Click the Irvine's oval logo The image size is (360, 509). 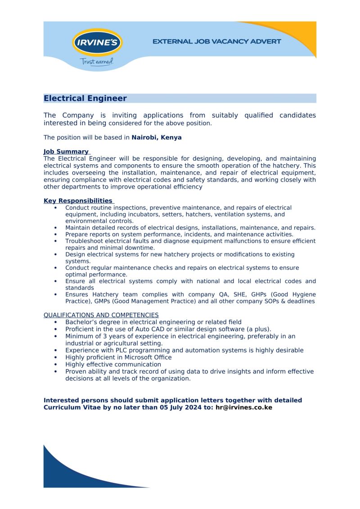pyautogui.click(x=97, y=43)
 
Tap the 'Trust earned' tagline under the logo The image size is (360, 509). pyautogui.click(x=96, y=61)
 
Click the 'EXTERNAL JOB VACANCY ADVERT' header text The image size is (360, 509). pyautogui.click(x=216, y=41)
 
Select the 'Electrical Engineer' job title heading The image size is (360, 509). pyautogui.click(x=85, y=99)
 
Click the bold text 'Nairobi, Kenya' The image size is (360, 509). pyautogui.click(x=157, y=137)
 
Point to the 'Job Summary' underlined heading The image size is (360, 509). pyautogui.click(x=66, y=152)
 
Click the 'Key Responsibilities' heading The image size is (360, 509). pyautogui.click(x=78, y=201)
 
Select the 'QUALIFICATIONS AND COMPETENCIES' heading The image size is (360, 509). pyautogui.click(x=101, y=315)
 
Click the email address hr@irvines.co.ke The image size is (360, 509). pyautogui.click(x=244, y=407)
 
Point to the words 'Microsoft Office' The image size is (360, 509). pyautogui.click(x=146, y=357)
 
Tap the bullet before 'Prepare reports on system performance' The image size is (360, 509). pyautogui.click(x=55, y=234)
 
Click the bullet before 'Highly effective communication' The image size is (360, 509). pyautogui.click(x=55, y=365)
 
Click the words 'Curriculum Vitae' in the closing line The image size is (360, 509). pyautogui.click(x=70, y=407)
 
